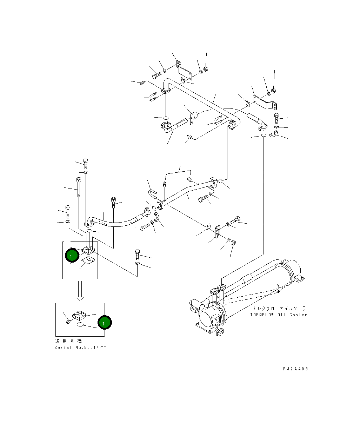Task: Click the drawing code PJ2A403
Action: tap(295, 369)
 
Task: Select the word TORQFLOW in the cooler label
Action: tap(261, 315)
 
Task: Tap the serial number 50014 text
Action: tap(92, 347)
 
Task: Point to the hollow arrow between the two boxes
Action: tap(80, 291)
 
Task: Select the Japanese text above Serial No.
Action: tap(69, 341)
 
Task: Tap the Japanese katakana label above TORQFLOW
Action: tap(279, 308)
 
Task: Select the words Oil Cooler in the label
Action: tap(292, 315)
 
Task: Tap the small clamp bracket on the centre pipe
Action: tap(193, 118)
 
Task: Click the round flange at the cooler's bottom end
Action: tap(220, 333)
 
